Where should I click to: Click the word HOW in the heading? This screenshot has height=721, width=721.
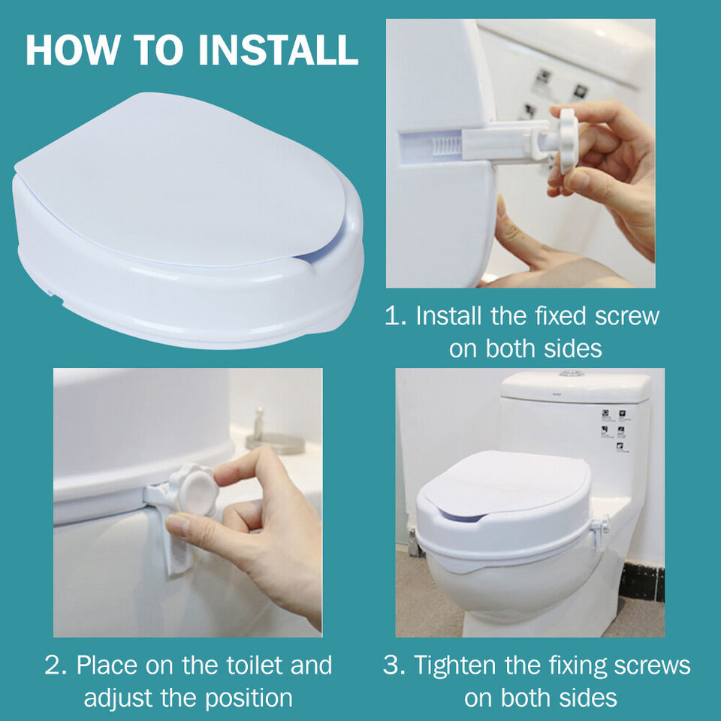point(74,50)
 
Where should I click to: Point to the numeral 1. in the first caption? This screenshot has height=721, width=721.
point(396,316)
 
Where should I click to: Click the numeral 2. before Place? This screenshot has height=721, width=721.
point(58,665)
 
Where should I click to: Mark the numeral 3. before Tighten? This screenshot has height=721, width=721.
point(396,665)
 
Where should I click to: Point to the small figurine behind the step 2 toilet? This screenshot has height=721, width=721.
point(258,424)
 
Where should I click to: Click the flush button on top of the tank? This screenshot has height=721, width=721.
point(571,373)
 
